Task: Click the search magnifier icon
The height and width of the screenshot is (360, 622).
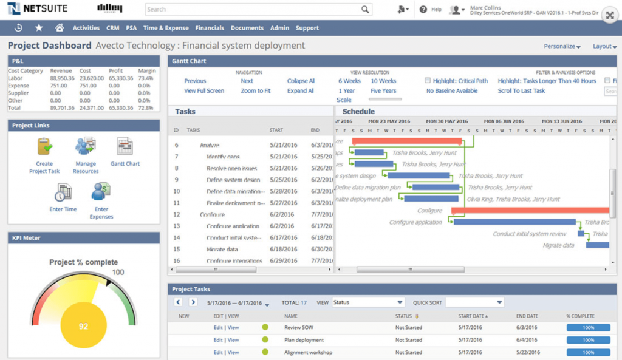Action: pyautogui.click(x=365, y=10)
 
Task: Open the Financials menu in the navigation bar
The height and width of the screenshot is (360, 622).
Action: pyautogui.click(x=210, y=28)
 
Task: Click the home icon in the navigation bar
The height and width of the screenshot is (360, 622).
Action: pyautogui.click(x=59, y=28)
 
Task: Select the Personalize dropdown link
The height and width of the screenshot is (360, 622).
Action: pyautogui.click(x=562, y=46)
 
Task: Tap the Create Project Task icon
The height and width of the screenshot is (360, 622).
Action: pyautogui.click(x=44, y=147)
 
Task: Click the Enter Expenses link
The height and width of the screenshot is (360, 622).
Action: pyautogui.click(x=101, y=212)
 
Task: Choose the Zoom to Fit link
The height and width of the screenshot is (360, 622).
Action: pyautogui.click(x=255, y=91)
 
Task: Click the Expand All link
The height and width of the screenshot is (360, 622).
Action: pyautogui.click(x=301, y=91)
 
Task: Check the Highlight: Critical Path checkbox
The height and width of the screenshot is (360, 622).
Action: pyautogui.click(x=428, y=81)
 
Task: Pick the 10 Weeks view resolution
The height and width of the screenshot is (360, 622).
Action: pyautogui.click(x=383, y=81)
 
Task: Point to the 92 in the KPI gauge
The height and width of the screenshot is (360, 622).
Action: pyautogui.click(x=83, y=327)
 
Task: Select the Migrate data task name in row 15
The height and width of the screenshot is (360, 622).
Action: pyautogui.click(x=222, y=249)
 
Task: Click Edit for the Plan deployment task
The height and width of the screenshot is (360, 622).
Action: pyautogui.click(x=217, y=340)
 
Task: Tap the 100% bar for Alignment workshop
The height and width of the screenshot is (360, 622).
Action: pyautogui.click(x=588, y=352)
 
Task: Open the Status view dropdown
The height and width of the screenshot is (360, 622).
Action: pyautogui.click(x=367, y=302)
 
